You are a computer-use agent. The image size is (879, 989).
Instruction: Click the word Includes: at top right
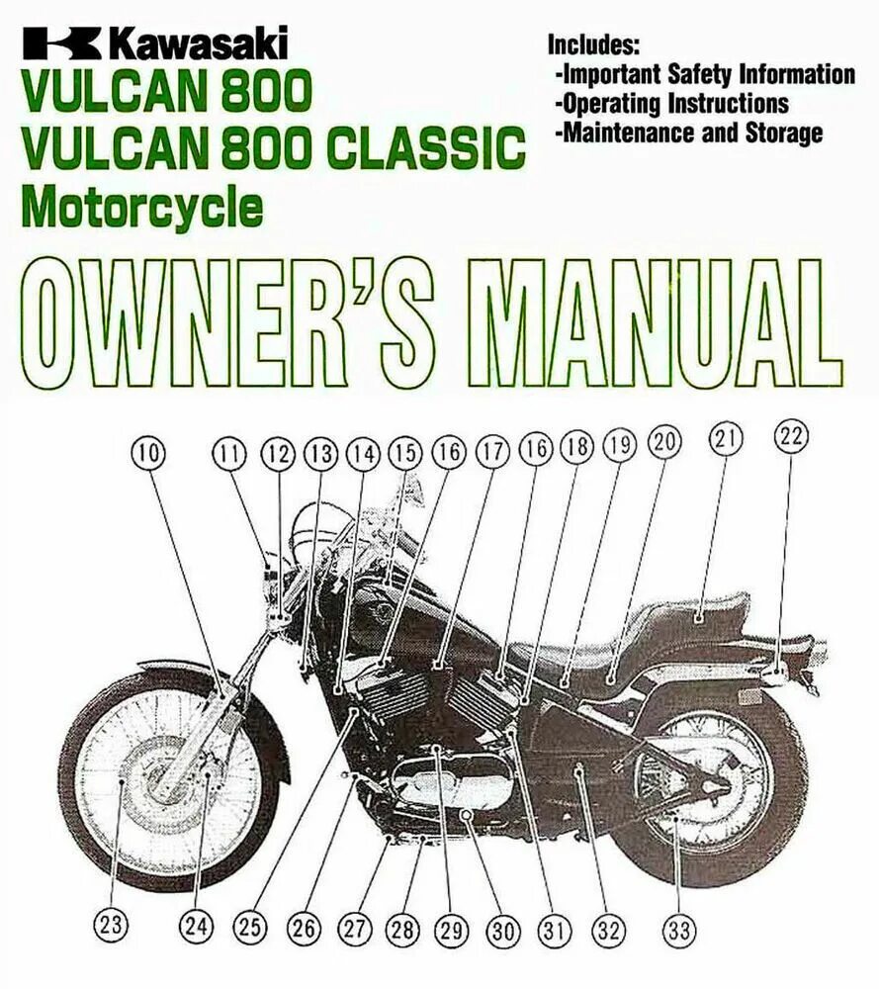pos(594,44)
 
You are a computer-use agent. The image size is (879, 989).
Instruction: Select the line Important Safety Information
pos(705,74)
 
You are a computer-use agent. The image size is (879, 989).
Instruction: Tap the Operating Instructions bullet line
pos(672,103)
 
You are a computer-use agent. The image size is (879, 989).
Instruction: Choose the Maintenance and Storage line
pos(689,133)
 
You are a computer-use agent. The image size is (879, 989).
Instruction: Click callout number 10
pos(147,454)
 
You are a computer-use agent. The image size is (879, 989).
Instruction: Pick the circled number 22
pos(791,436)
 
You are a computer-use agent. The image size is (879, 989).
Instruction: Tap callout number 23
pos(111,926)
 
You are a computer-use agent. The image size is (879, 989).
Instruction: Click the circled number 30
pos(503,930)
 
